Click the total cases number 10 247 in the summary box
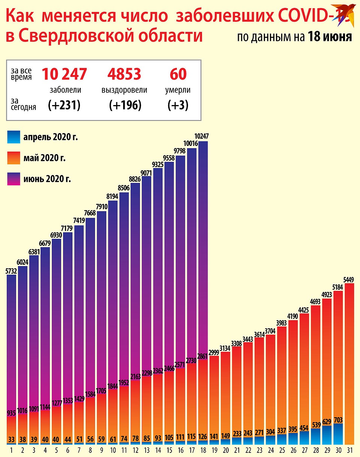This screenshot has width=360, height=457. tap(64, 74)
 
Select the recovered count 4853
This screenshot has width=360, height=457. tap(124, 74)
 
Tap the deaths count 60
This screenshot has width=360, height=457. tap(178, 74)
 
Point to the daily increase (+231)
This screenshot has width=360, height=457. tap(64, 105)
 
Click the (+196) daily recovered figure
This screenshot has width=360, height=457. tap(125, 105)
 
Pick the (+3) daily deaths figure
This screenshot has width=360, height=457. tap(178, 105)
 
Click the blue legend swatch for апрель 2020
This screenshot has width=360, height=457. tap(13, 137)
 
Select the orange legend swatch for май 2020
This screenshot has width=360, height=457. tap(13, 158)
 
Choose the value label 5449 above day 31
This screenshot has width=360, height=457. tap(349, 280)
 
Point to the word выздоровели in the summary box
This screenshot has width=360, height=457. tap(124, 90)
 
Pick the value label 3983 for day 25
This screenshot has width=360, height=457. tap(282, 323)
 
